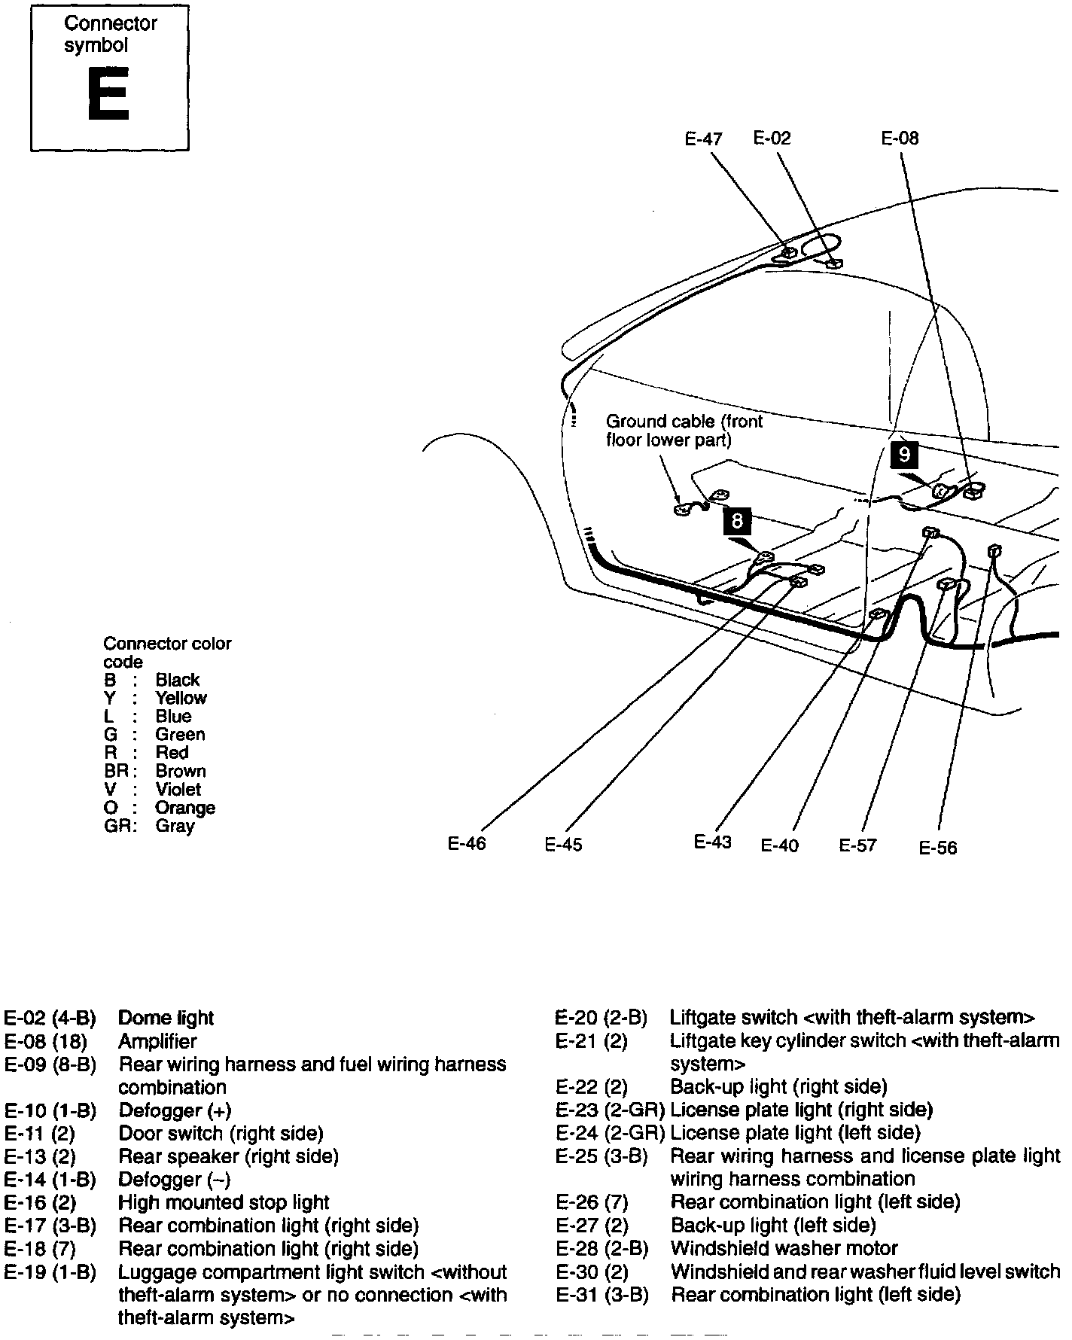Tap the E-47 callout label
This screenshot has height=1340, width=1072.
tap(703, 139)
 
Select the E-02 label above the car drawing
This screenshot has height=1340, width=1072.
tap(772, 139)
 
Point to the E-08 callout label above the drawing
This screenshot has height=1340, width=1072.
tap(900, 139)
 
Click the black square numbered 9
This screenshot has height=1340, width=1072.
tap(904, 454)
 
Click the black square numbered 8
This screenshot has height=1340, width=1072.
tap(737, 520)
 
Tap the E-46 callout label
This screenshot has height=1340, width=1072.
tap(467, 844)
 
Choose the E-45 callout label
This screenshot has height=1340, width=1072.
tap(563, 845)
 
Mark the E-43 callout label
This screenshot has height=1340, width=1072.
tap(712, 842)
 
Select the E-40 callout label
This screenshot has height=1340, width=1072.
tap(779, 845)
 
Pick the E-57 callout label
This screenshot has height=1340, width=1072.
tap(857, 845)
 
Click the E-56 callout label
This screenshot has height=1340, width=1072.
tap(937, 848)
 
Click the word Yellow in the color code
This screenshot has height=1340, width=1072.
tap(181, 699)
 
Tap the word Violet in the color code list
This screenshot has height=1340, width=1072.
tap(178, 790)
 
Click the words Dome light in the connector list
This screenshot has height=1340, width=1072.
tap(166, 1019)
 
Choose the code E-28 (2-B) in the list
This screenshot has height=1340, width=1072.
tap(601, 1249)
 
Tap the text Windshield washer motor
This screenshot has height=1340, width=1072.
tap(784, 1249)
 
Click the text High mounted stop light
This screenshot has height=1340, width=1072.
tap(224, 1203)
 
